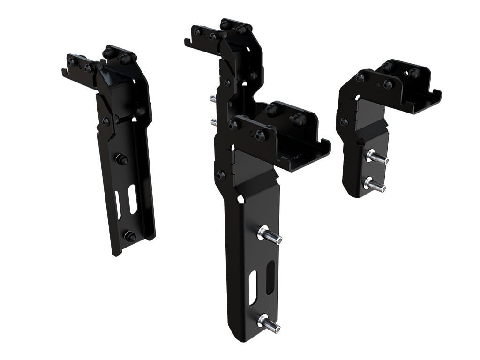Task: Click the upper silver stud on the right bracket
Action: pyautogui.click(x=378, y=157)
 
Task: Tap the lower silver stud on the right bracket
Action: pyautogui.click(x=375, y=185)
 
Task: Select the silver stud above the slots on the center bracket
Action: pyautogui.click(x=270, y=235)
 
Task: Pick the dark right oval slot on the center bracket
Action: pyautogui.click(x=270, y=277)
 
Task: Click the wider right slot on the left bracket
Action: pyautogui.click(x=133, y=199)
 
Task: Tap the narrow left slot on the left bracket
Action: pyautogui.click(x=118, y=205)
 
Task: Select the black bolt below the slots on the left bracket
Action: pyautogui.click(x=130, y=237)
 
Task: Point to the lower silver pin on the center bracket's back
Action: pyautogui.click(x=214, y=122)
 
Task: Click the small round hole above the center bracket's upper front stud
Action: pyautogui.click(x=240, y=199)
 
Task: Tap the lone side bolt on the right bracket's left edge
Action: pyautogui.click(x=344, y=122)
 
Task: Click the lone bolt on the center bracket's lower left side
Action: pyautogui.click(x=220, y=175)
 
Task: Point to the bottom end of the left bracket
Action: pyautogui.click(x=116, y=253)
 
